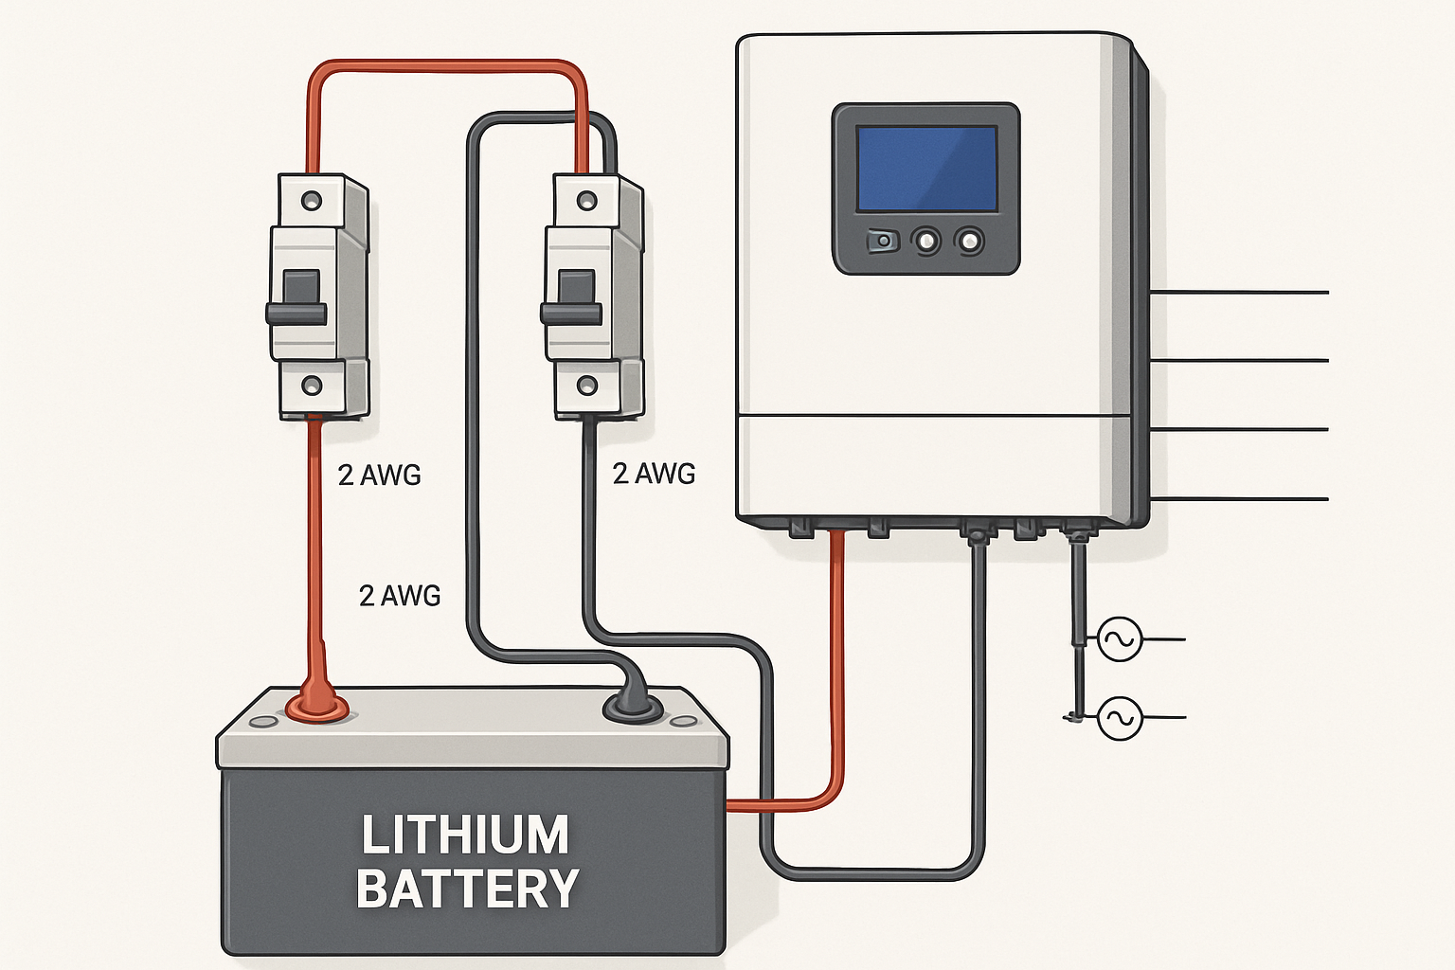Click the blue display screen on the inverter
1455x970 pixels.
[926, 169]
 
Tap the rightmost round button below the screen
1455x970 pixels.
[969, 242]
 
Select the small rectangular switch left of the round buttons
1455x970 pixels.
[882, 242]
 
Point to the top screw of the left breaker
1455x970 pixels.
[311, 201]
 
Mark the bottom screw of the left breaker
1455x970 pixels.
[311, 386]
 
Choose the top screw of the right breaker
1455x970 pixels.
[586, 201]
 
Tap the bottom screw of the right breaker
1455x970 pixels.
[586, 385]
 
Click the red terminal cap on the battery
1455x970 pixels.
[317, 705]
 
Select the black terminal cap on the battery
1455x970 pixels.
[633, 707]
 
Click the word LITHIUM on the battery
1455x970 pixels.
[465, 835]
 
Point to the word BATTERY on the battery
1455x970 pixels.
[468, 889]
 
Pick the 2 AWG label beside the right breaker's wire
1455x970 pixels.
[654, 474]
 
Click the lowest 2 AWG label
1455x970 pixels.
[400, 595]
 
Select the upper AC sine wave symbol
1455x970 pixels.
[1119, 639]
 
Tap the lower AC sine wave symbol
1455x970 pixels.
[1120, 718]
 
